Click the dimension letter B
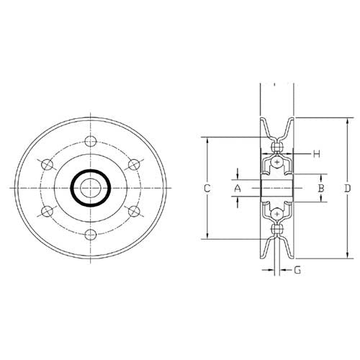pos(323,188)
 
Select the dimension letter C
pos(206,188)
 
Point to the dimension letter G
pos(297,271)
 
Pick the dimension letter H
pos(316,154)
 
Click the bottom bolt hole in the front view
pos(91,235)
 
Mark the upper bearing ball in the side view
pos(278,163)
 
